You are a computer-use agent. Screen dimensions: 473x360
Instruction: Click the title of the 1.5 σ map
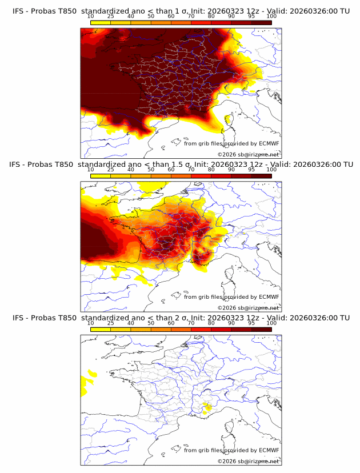[181, 165]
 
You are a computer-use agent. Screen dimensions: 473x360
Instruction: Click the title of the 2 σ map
[181, 318]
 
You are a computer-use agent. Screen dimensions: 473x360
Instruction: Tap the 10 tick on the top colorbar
[91, 16]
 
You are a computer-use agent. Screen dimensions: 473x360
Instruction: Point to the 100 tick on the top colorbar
[271, 16]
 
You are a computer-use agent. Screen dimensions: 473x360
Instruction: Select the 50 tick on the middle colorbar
[151, 170]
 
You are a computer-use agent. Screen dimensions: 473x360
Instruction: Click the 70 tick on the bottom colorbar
[191, 323]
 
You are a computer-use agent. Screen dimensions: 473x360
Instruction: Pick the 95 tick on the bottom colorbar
[251, 323]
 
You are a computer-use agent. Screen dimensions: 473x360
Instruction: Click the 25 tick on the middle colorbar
[111, 170]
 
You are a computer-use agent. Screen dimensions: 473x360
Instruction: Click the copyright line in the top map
[248, 154]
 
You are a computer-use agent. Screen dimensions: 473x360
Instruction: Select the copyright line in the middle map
[248, 308]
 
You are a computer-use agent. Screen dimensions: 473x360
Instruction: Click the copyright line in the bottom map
[248, 461]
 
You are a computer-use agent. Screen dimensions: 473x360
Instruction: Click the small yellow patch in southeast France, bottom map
[207, 407]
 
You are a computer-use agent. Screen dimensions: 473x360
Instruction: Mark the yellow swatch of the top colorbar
[101, 22]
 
